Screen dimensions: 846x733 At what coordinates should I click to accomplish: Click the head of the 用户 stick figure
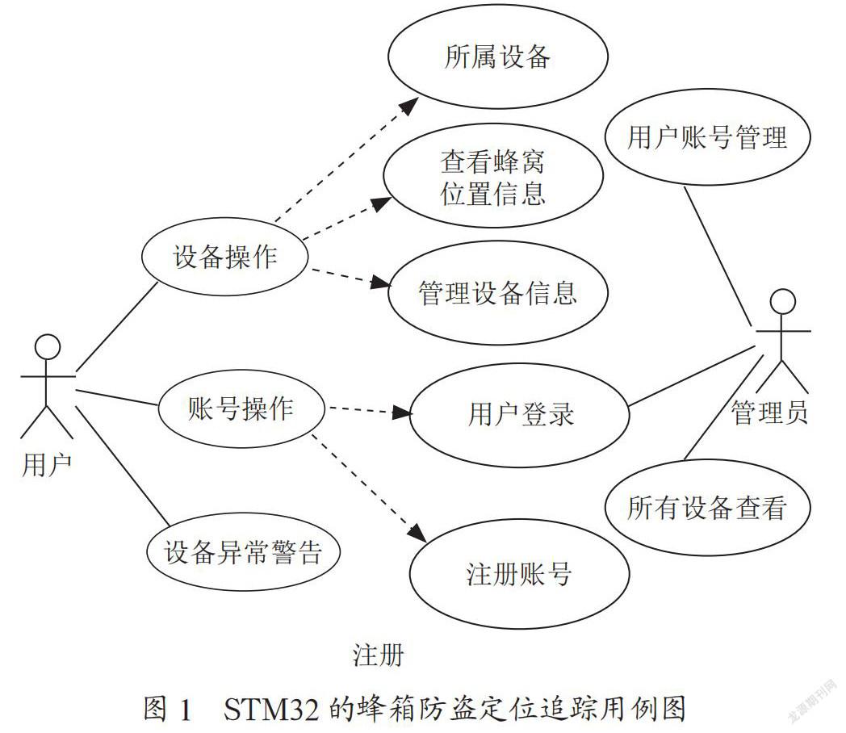click(48, 346)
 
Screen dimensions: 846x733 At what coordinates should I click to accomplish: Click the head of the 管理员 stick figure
click(783, 301)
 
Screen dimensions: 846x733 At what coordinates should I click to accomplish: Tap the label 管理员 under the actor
click(769, 413)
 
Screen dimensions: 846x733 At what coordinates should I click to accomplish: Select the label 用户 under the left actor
click(47, 465)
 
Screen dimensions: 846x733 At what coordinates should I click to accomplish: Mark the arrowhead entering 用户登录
click(402, 413)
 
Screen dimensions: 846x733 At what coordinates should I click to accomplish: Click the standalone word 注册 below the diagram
click(379, 655)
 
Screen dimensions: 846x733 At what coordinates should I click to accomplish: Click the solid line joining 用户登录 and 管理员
click(692, 376)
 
